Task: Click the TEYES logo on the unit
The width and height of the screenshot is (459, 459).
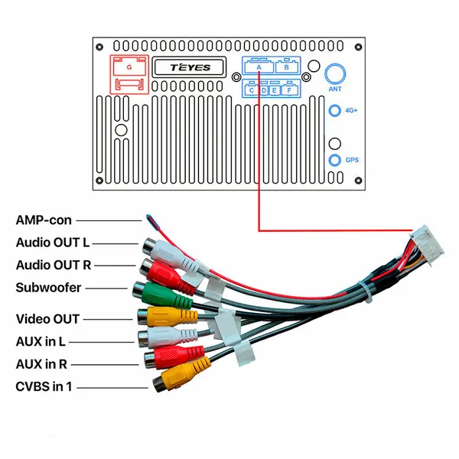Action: (x=190, y=67)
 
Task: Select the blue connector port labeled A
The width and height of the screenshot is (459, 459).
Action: (x=259, y=66)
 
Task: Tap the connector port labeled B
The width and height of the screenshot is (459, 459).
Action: (x=287, y=66)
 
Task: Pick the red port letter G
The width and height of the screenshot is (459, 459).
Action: (x=129, y=67)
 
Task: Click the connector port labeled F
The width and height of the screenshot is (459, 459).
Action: (x=290, y=89)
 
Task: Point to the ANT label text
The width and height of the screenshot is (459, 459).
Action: (x=335, y=89)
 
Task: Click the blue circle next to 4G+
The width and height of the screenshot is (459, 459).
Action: (x=335, y=111)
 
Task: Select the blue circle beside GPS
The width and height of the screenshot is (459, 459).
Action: (x=335, y=160)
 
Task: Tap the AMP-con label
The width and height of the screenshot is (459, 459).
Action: (x=44, y=220)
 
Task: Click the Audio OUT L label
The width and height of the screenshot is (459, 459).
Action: (x=53, y=243)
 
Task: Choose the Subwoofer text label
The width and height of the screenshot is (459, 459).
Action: (x=48, y=288)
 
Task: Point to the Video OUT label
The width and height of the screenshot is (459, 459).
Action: (x=47, y=319)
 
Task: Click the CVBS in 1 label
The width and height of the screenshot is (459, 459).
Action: (x=44, y=386)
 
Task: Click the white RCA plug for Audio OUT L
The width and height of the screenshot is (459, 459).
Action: (x=171, y=256)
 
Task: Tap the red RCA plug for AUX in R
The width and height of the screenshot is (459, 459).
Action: (x=174, y=356)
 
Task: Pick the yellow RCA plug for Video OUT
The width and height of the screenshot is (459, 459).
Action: (x=168, y=317)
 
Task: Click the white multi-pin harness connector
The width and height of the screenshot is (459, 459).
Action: (x=428, y=246)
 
